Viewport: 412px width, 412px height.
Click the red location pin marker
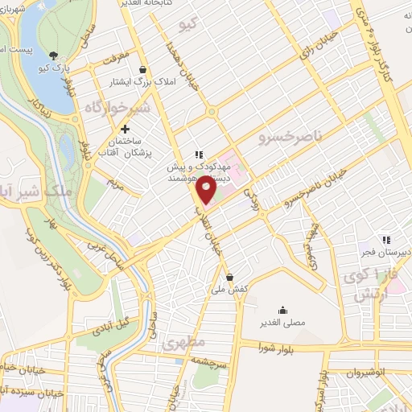coord(206,187)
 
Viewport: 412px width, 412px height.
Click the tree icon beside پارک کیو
coord(53,56)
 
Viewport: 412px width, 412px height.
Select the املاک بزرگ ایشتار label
coord(142,81)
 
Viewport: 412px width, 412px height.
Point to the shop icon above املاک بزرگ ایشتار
coord(142,69)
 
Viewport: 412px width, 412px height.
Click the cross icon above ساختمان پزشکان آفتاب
coord(125,130)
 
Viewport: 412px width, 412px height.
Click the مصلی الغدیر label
coord(282,323)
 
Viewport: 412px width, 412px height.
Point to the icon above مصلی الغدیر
coord(282,310)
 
